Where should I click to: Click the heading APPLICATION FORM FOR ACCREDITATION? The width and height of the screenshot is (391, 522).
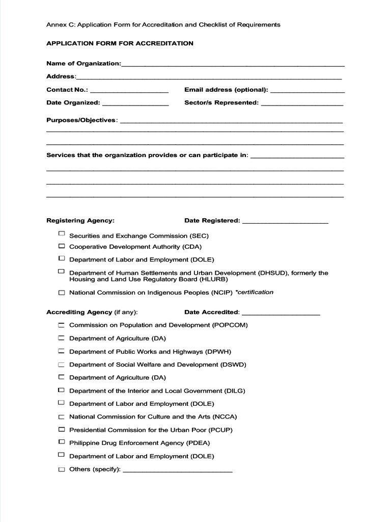point(120,43)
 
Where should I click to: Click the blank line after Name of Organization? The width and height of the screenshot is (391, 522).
point(233,65)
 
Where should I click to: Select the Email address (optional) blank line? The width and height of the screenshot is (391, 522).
point(308,91)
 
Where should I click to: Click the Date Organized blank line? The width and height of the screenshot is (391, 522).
point(135,104)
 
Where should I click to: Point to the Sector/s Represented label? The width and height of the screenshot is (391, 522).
point(221,102)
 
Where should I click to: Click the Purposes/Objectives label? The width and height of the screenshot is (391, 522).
point(81,120)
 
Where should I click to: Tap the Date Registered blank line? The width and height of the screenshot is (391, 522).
point(285,222)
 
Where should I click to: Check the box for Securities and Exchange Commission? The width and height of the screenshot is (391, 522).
point(62,234)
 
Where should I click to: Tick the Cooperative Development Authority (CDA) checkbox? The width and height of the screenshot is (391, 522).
point(62,246)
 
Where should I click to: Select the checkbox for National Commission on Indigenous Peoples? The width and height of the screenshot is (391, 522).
point(62,293)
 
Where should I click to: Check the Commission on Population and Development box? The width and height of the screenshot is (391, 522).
point(62,325)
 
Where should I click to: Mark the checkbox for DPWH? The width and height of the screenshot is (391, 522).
point(62,351)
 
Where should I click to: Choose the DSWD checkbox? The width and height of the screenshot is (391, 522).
point(62,364)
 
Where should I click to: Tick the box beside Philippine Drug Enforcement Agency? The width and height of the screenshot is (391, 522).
point(62,442)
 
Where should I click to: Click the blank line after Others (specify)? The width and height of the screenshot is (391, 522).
point(178,471)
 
